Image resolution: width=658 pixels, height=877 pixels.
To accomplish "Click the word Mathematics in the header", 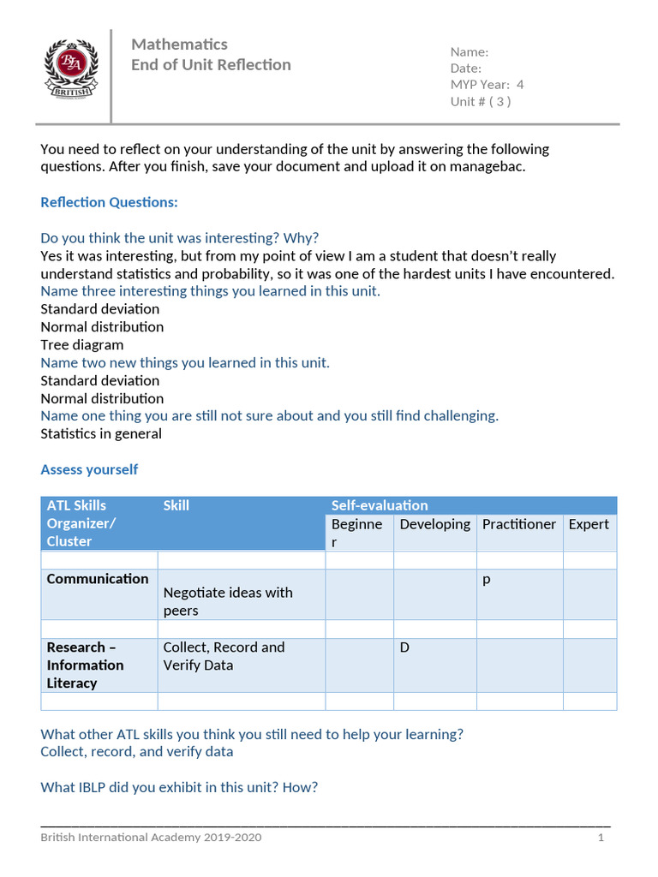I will [x=179, y=44].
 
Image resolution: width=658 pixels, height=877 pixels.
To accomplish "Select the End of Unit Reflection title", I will [x=211, y=65].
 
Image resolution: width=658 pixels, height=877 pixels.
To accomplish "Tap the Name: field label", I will [x=470, y=52].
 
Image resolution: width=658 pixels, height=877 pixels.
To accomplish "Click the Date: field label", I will [x=466, y=69].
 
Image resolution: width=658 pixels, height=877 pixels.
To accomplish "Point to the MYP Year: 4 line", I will [x=487, y=85].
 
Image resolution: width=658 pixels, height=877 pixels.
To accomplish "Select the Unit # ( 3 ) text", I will [x=481, y=101].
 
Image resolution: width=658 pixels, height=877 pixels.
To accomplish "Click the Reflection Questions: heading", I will [x=109, y=202].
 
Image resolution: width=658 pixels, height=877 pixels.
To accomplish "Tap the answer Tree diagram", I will [x=82, y=344].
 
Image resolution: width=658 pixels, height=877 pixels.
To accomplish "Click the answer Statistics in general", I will [x=101, y=433].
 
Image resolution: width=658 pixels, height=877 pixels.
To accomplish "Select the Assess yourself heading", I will [x=89, y=469].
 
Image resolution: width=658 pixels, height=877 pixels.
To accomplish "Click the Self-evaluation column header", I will [x=380, y=505].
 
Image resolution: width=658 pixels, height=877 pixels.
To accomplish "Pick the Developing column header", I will [x=434, y=524].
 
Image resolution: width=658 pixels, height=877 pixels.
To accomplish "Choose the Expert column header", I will [x=589, y=524].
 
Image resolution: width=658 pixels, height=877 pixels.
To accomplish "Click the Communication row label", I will [x=98, y=579].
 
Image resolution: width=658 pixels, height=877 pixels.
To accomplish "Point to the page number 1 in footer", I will [x=601, y=837].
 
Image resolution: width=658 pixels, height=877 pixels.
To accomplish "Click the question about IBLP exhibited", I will [x=179, y=787].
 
